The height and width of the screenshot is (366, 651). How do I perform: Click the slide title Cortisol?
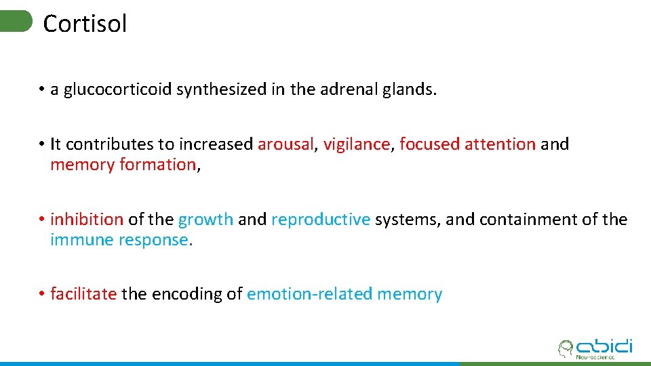(x=85, y=24)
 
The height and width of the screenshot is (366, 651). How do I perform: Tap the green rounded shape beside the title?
(x=16, y=21)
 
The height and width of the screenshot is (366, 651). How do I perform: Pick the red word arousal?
(x=285, y=144)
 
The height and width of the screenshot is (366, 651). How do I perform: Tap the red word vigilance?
(x=357, y=144)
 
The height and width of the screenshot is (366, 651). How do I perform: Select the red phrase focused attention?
(x=467, y=144)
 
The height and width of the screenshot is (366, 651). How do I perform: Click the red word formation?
(x=157, y=165)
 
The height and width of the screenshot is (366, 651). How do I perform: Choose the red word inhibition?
(x=87, y=220)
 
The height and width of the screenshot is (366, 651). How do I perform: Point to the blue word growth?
(x=205, y=220)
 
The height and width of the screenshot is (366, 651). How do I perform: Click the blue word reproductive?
(x=321, y=220)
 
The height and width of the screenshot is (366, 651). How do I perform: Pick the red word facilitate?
(x=83, y=294)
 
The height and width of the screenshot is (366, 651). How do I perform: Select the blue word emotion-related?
(x=310, y=294)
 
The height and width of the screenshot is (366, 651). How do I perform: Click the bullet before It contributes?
(x=41, y=144)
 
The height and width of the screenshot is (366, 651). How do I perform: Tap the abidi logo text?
(x=604, y=346)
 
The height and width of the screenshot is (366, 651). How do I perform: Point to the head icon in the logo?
(x=565, y=349)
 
